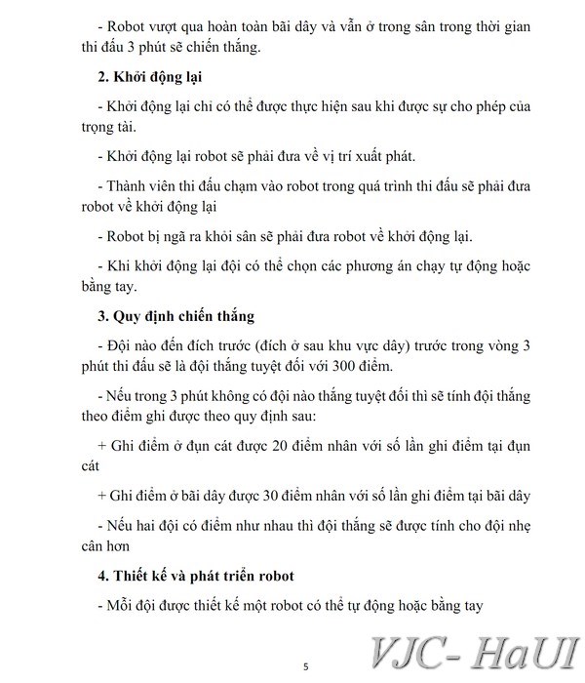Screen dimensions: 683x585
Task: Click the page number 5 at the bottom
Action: tap(305, 667)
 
